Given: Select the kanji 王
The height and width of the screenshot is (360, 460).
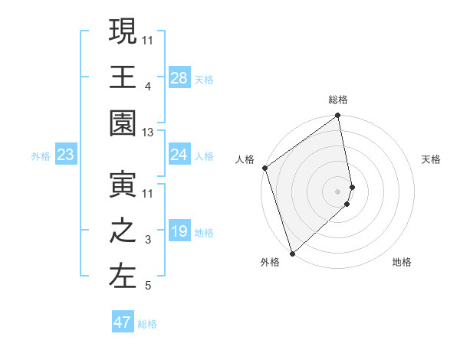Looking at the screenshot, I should point(123,77).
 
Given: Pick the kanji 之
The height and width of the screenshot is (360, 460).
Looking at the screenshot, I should point(123,231).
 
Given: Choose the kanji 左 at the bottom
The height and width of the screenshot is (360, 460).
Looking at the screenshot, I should point(123,277).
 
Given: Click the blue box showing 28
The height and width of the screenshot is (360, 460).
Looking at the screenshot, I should point(179,78).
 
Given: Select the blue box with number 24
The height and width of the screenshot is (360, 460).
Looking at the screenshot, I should point(179,155).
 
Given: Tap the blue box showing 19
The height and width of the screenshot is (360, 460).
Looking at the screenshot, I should point(179,232).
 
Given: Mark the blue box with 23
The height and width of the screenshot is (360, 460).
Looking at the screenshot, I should point(66,155).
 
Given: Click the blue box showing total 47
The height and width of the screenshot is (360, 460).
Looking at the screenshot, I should point(123,322).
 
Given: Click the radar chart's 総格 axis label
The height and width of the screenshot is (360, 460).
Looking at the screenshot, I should point(338,100).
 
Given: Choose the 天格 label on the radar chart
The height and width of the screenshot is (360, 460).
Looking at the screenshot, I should point(431,159).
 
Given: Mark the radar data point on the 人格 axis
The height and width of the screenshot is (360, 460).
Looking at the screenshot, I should point(264,168).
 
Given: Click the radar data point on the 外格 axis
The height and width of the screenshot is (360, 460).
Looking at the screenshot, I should point(292,252).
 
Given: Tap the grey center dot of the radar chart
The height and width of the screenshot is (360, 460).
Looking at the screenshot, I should point(338,190).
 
